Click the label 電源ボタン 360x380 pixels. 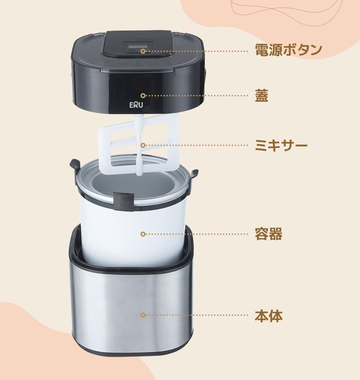point(289,50)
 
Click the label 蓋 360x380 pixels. point(262,96)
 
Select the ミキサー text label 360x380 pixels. point(281,146)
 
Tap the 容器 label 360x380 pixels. point(269,234)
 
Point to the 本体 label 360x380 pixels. point(269,316)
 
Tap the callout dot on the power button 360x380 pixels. point(143,51)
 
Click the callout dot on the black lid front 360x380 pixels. point(143,96)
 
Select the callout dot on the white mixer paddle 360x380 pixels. point(143,146)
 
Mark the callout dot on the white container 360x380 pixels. point(143,234)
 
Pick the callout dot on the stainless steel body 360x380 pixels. point(143,316)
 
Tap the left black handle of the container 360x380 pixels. point(74,165)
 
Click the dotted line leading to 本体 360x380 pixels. point(197,316)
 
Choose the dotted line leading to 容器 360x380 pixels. point(197,234)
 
